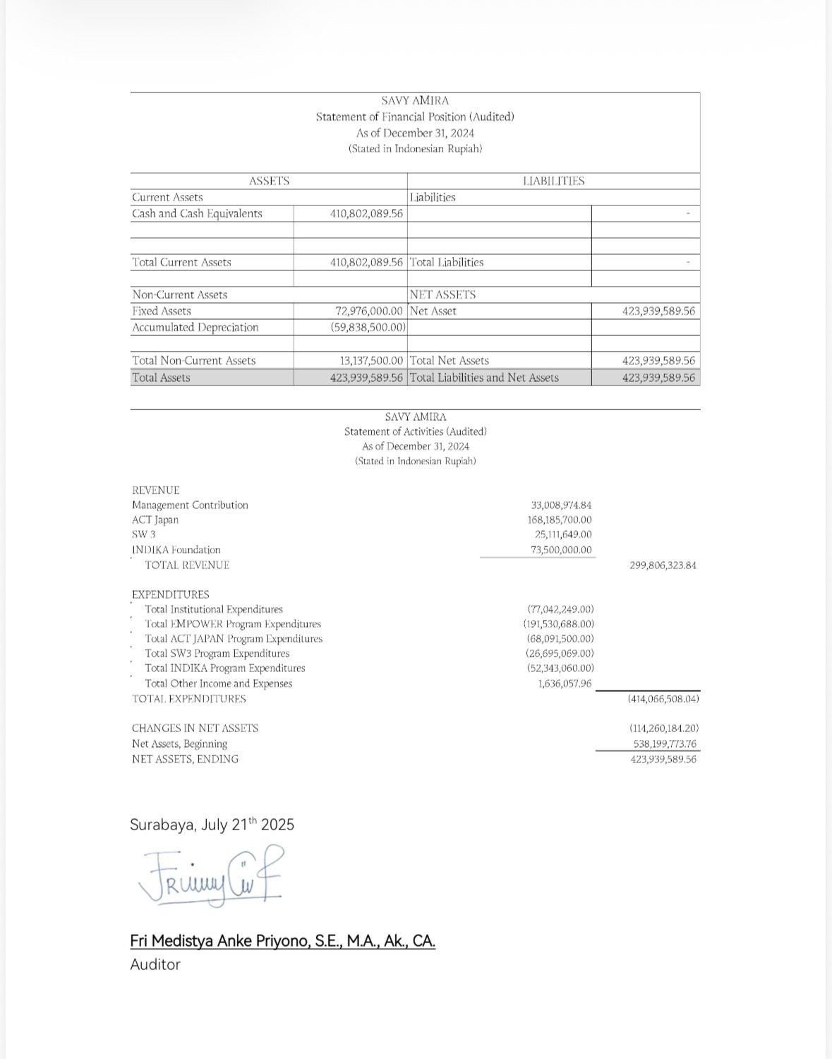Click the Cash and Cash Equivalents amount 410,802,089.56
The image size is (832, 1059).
pyautogui.click(x=367, y=213)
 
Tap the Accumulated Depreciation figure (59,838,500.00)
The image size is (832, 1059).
pyautogui.click(x=368, y=327)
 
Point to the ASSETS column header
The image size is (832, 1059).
pyautogui.click(x=269, y=181)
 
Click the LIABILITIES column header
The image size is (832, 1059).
pyautogui.click(x=553, y=181)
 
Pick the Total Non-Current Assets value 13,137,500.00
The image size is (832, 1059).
pyautogui.click(x=371, y=360)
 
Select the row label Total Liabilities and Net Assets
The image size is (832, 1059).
pyautogui.click(x=484, y=378)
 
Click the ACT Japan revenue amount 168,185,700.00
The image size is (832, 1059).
pyautogui.click(x=560, y=520)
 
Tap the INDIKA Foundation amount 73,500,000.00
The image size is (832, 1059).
pyautogui.click(x=562, y=549)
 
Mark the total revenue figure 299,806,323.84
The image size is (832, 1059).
pyautogui.click(x=662, y=566)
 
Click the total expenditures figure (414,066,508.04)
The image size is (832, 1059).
pyautogui.click(x=663, y=699)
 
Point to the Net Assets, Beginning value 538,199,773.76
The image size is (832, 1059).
pyautogui.click(x=664, y=743)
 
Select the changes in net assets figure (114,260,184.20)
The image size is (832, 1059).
pyautogui.click(x=663, y=728)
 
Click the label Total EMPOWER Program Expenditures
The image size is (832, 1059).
pyautogui.click(x=233, y=624)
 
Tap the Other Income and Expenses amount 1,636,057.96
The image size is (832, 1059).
pyautogui.click(x=565, y=683)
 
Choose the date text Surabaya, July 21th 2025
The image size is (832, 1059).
pyautogui.click(x=212, y=825)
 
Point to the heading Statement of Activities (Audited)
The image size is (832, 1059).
pyautogui.click(x=416, y=431)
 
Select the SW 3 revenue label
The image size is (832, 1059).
pyautogui.click(x=144, y=534)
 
